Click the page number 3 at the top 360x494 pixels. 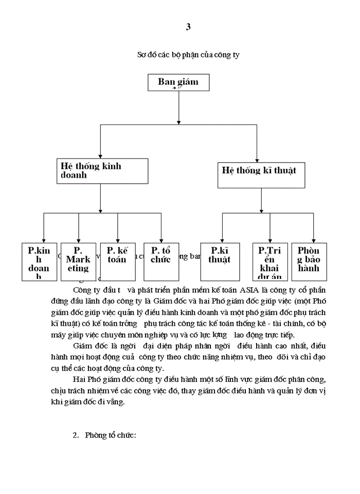click(x=188, y=28)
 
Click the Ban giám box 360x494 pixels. click(x=177, y=82)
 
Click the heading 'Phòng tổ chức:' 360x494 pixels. click(x=113, y=435)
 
